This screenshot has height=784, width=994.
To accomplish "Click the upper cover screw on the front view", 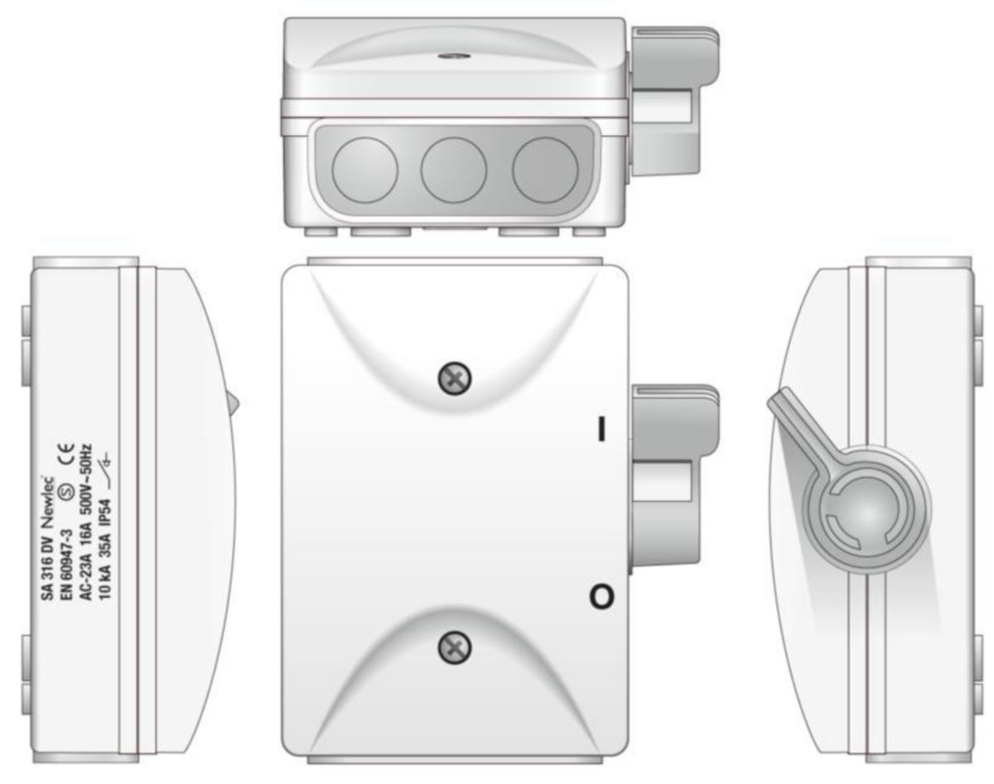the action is pyautogui.click(x=455, y=378).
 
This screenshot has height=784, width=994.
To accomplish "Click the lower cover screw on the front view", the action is pyautogui.click(x=455, y=647).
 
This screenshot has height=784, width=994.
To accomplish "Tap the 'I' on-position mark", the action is pyautogui.click(x=601, y=429).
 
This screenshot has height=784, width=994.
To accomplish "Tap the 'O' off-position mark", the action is pyautogui.click(x=601, y=597).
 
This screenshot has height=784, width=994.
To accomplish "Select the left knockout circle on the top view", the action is pyautogui.click(x=364, y=170).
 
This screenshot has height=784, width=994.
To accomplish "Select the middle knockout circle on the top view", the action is pyautogui.click(x=454, y=170).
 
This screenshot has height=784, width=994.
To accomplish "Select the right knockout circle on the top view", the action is pyautogui.click(x=545, y=170).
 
